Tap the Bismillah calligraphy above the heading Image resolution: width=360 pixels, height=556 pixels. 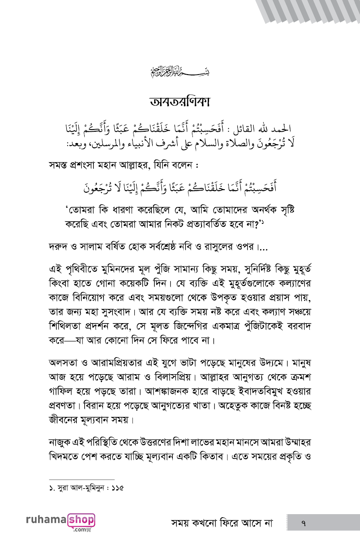(180, 71)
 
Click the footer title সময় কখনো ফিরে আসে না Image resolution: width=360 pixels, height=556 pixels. (222, 522)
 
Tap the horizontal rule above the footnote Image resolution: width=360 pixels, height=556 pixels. (82, 479)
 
